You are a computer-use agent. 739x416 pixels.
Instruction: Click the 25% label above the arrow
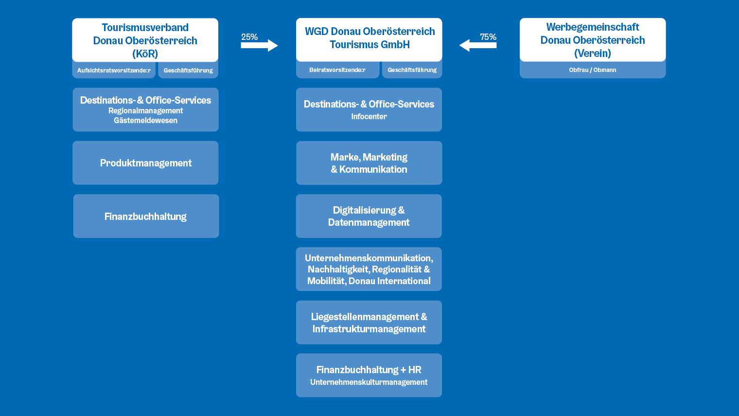[x=249, y=37]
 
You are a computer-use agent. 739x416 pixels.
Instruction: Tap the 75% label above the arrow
[x=488, y=37]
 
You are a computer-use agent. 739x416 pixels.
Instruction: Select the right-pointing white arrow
[x=259, y=46]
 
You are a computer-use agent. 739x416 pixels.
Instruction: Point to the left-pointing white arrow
[x=478, y=46]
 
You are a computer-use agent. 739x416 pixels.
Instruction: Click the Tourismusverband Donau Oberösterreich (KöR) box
[x=145, y=40]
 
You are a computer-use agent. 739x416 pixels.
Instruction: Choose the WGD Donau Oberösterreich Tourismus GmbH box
[x=369, y=39]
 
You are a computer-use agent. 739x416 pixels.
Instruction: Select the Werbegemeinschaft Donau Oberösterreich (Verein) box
[x=593, y=39]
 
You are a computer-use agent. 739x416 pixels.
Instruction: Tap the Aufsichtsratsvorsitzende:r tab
[x=114, y=70]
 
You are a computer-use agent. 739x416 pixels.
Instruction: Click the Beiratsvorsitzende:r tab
[x=337, y=70]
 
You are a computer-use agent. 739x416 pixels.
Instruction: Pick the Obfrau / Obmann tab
[x=593, y=70]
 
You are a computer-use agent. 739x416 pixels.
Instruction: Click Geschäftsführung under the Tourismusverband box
[x=188, y=70]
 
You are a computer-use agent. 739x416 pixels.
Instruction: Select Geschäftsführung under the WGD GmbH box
[x=412, y=70]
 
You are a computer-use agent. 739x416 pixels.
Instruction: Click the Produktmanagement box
[x=145, y=163]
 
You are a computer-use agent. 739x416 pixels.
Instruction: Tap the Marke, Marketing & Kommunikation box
[x=369, y=163]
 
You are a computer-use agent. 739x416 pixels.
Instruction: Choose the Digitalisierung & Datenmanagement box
[x=369, y=216]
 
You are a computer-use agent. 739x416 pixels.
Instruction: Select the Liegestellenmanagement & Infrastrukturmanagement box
[x=369, y=322]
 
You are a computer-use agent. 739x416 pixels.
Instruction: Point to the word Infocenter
[x=369, y=117]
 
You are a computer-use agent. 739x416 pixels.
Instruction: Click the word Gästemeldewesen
[x=145, y=121]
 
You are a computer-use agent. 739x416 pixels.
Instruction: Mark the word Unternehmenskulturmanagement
[x=369, y=382]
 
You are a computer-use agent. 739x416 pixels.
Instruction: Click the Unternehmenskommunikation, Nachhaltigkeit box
[x=369, y=269]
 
